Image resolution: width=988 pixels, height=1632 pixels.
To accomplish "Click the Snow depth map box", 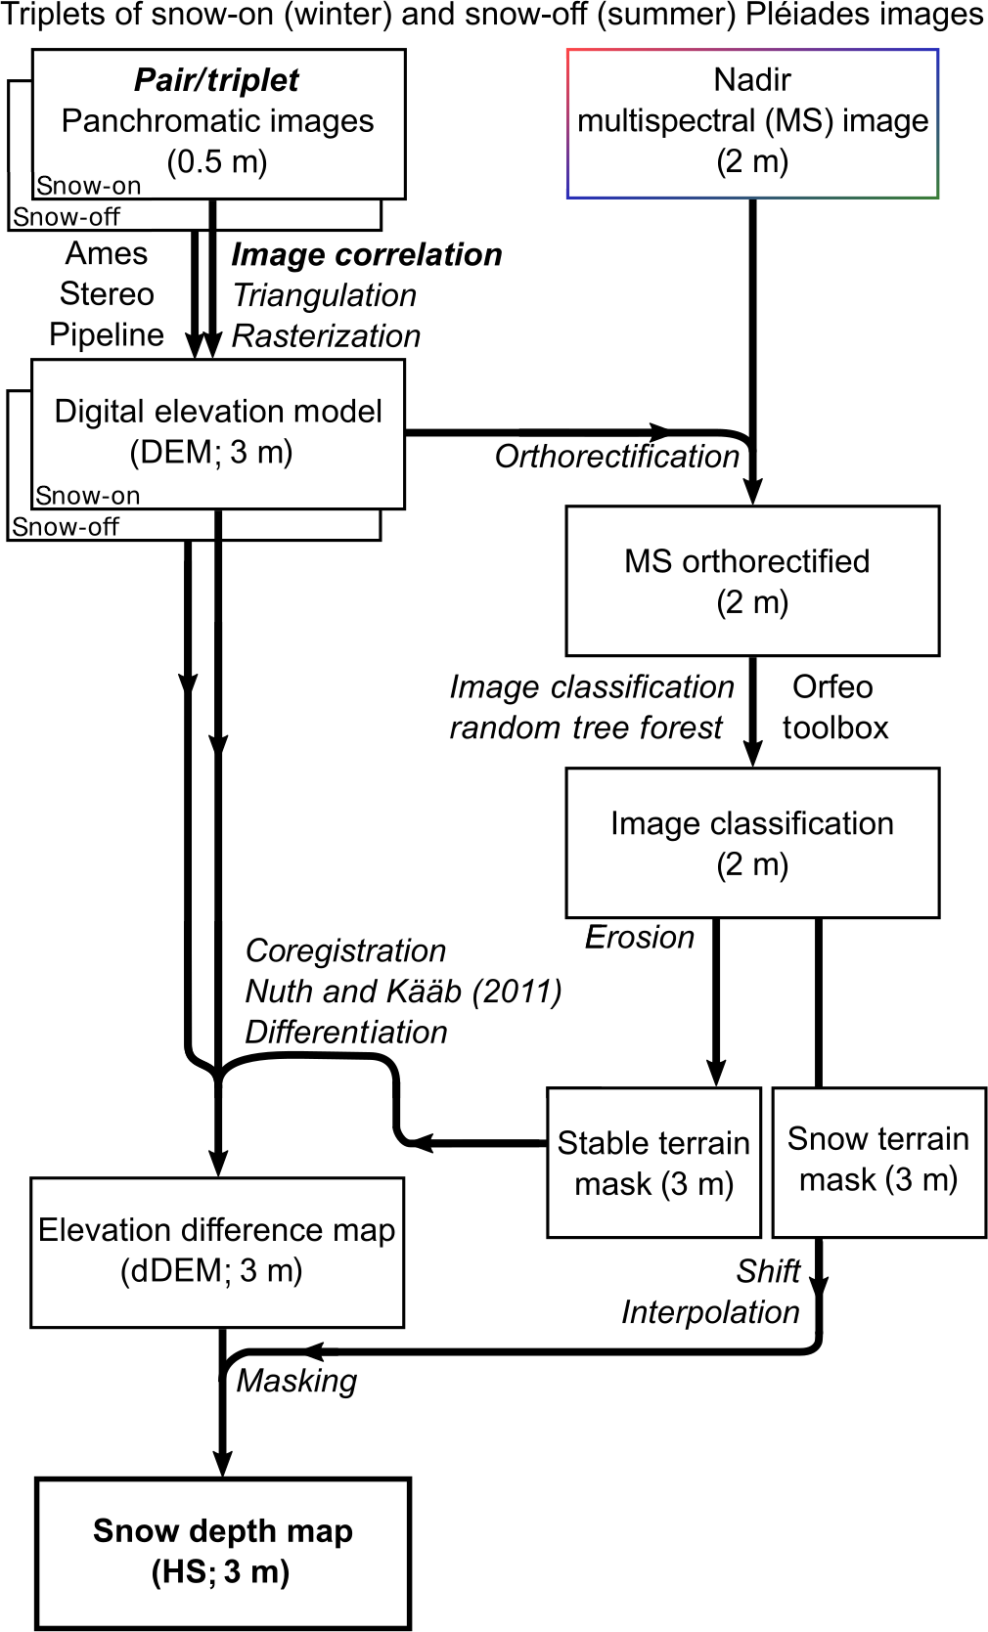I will [x=223, y=1552].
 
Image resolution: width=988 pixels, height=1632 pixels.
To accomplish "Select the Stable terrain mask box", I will [x=653, y=1163].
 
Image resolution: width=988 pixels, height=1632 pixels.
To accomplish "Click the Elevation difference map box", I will [x=217, y=1251].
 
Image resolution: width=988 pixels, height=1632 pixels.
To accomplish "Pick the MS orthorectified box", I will [x=752, y=581].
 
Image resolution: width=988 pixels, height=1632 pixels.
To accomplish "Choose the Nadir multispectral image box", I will [x=752, y=123].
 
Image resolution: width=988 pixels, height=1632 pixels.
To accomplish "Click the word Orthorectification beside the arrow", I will [x=616, y=457].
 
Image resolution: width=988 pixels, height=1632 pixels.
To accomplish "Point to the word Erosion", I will [x=640, y=938].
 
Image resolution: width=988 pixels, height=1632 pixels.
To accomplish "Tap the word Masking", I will [x=297, y=1381].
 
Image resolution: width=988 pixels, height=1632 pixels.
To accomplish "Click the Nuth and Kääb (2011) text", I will [x=403, y=992].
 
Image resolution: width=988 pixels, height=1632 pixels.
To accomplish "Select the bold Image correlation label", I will [x=367, y=255].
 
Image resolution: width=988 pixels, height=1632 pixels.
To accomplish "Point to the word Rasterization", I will [x=326, y=336].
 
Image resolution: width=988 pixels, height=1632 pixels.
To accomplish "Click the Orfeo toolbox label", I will [x=834, y=707].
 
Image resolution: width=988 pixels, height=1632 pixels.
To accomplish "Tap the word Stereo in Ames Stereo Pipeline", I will [x=107, y=294].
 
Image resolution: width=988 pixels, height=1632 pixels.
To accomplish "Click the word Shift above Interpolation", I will [x=769, y=1271].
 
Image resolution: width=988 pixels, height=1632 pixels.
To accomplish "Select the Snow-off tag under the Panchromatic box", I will [x=66, y=217].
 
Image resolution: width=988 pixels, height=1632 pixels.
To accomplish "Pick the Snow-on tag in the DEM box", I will [x=88, y=496].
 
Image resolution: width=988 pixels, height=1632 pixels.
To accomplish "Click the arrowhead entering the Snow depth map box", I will [x=223, y=1463].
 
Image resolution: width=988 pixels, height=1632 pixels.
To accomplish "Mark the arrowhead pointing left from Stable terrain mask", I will [x=419, y=1142].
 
